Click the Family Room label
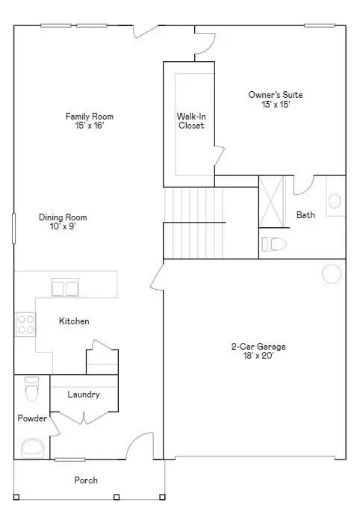click(x=90, y=121)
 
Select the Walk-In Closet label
click(x=190, y=121)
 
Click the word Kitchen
click(x=75, y=321)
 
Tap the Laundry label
click(x=83, y=394)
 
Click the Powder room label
click(x=32, y=418)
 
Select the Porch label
click(x=85, y=480)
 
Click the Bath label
click(x=305, y=215)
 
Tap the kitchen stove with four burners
click(x=25, y=324)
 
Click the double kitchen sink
click(x=65, y=288)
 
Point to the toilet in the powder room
click(x=31, y=389)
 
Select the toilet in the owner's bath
click(x=274, y=244)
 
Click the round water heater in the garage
click(x=332, y=273)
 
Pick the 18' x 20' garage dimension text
click(x=258, y=356)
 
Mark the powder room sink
click(x=33, y=447)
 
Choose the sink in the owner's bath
click(x=335, y=200)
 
